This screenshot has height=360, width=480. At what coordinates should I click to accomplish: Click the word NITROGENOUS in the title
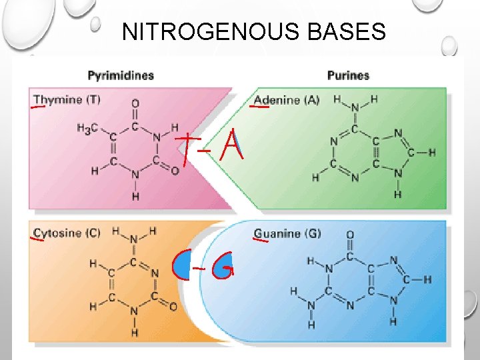[x=211, y=31]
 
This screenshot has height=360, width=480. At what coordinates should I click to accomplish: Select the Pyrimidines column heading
[x=121, y=75]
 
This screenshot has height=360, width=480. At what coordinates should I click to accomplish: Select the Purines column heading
[x=349, y=75]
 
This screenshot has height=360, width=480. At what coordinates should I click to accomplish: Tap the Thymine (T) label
[x=67, y=99]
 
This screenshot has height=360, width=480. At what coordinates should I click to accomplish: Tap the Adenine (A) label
[x=287, y=100]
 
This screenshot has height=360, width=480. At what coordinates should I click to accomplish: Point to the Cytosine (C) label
[x=67, y=233]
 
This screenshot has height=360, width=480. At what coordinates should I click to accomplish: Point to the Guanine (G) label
[x=287, y=233]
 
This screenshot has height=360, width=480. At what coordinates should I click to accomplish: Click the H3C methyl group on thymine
[x=87, y=128]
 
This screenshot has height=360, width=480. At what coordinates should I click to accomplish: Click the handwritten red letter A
[x=232, y=145]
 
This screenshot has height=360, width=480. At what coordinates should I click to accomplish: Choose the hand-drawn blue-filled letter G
[x=223, y=266]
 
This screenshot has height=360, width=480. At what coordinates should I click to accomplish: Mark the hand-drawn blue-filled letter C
[x=181, y=264]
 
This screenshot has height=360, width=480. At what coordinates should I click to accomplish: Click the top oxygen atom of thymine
[x=135, y=103]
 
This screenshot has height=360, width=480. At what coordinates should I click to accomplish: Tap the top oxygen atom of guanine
[x=350, y=235]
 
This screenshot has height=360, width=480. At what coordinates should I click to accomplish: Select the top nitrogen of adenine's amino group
[x=355, y=108]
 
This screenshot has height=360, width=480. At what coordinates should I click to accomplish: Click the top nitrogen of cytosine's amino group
[x=134, y=240]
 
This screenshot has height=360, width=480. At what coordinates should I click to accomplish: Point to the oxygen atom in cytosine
[x=173, y=307]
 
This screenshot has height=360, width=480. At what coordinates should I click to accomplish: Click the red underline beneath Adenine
[x=259, y=107]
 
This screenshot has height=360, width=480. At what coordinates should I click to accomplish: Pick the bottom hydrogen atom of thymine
[x=135, y=196]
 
